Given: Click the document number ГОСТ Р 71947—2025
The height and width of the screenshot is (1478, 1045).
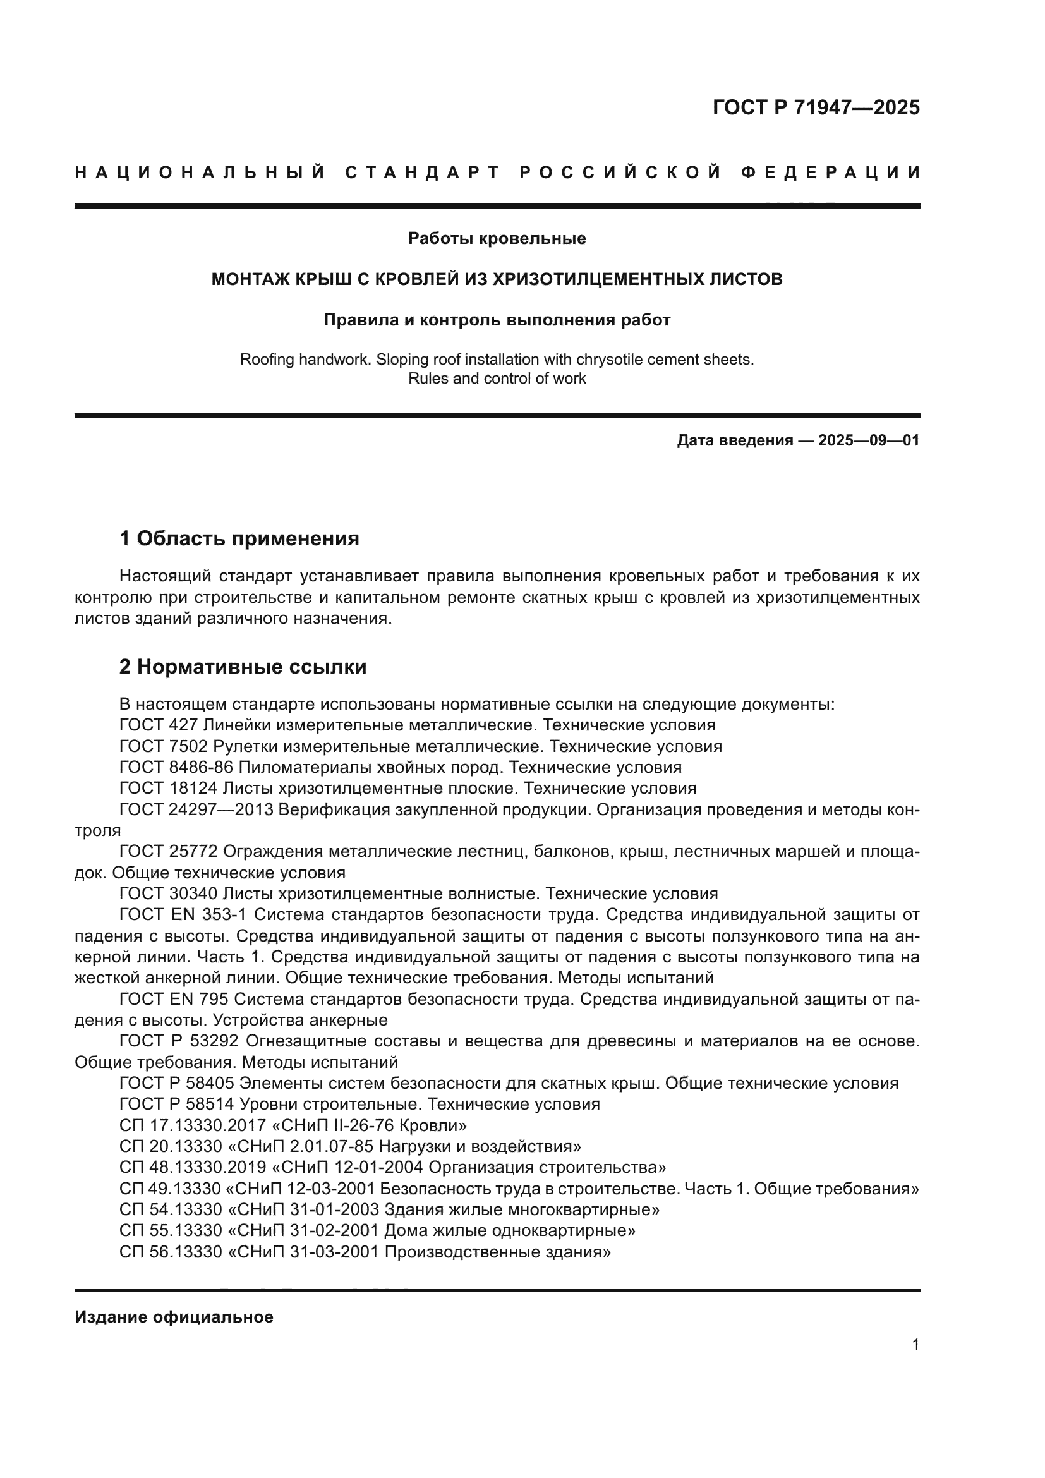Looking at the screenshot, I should [x=816, y=107].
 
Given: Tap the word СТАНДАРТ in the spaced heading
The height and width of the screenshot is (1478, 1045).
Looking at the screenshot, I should [x=423, y=173].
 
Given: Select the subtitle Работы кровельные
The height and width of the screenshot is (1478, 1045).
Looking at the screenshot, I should [x=497, y=239].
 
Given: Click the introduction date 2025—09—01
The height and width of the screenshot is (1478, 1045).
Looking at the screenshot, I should [x=869, y=441].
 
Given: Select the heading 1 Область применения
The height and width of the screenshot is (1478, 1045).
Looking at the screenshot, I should [x=239, y=538].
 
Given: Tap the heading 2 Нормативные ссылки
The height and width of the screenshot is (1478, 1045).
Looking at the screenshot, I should [x=243, y=667].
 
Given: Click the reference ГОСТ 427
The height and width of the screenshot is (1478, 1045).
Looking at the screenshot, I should [x=159, y=725].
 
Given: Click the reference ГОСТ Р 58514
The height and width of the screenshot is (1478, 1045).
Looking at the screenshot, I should [x=177, y=1104].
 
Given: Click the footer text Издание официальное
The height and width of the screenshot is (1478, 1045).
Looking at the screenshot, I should [x=174, y=1317].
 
